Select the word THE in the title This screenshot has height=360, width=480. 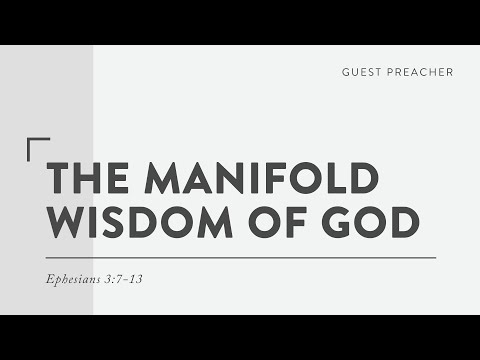click(x=89, y=179)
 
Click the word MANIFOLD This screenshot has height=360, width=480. click(x=262, y=179)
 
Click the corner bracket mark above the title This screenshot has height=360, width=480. click(x=36, y=147)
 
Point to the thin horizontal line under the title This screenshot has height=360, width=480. click(x=240, y=257)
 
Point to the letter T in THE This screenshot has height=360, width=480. click(x=59, y=179)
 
